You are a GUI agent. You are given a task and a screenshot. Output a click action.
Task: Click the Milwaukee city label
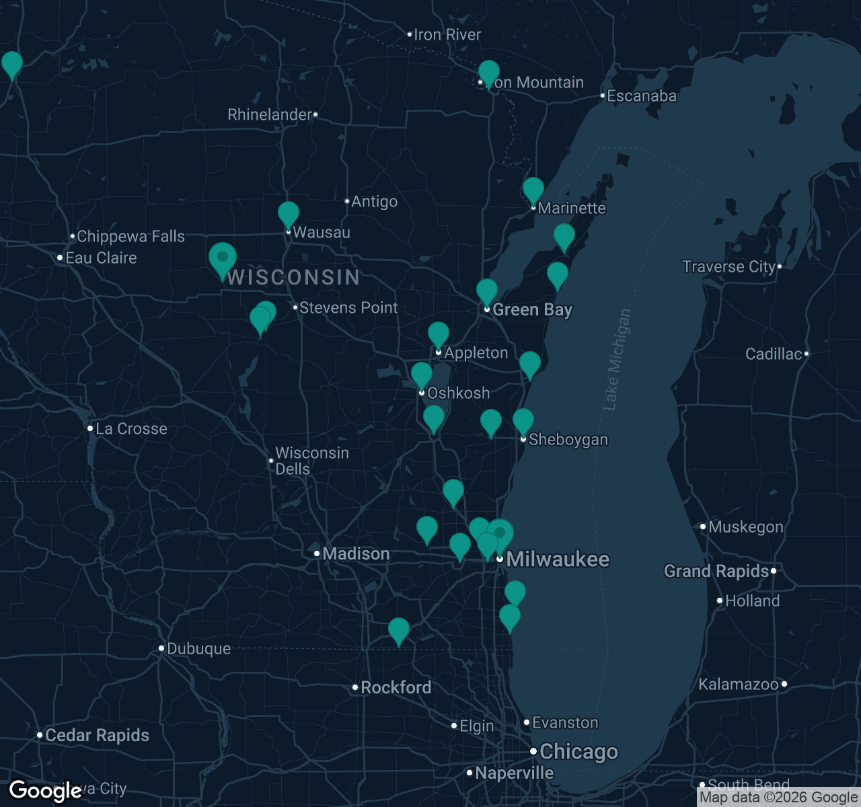click(x=558, y=559)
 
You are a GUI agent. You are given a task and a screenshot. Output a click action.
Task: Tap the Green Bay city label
click(x=532, y=309)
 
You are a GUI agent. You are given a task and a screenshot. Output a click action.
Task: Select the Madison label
click(x=356, y=553)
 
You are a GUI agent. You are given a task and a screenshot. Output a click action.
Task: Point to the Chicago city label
click(x=578, y=751)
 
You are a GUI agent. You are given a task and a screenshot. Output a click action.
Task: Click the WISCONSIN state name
click(x=294, y=277)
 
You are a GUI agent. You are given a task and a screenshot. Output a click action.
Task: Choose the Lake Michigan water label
click(x=617, y=359)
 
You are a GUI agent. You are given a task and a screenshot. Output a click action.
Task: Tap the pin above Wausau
click(x=289, y=215)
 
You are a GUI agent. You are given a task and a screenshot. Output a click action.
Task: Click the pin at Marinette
click(x=533, y=190)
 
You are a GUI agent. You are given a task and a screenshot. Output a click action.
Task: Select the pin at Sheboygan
click(x=523, y=422)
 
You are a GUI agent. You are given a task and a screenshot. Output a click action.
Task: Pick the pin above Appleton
click(x=439, y=335)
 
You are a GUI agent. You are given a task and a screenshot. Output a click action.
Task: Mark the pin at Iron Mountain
click(x=489, y=73)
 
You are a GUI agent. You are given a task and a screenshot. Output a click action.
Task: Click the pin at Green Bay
click(x=487, y=292)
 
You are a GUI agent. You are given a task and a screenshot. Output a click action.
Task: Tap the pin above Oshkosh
click(x=422, y=375)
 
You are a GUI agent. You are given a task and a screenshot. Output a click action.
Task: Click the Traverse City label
click(x=729, y=266)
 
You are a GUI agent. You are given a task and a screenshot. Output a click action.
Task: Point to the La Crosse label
click(x=131, y=428)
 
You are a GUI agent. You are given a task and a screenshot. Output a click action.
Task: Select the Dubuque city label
click(x=198, y=648)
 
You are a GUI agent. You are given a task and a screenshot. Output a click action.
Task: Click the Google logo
click(x=44, y=791)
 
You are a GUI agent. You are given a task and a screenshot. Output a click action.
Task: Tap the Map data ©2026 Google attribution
click(x=778, y=798)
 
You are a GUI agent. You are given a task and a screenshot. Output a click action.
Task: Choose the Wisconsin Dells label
click(x=311, y=461)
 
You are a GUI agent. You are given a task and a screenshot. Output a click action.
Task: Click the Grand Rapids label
click(x=716, y=571)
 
